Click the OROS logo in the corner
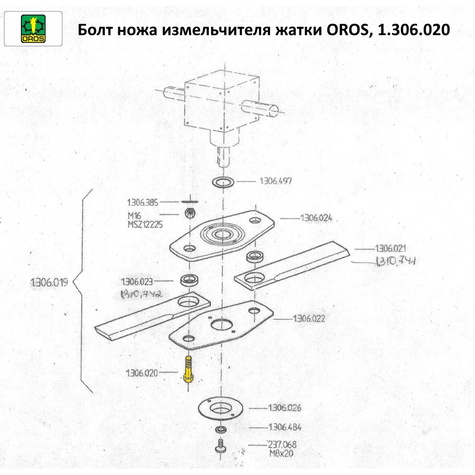pyautogui.click(x=33, y=28)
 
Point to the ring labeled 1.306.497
pyautogui.click(x=222, y=182)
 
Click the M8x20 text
pyautogui.click(x=278, y=453)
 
